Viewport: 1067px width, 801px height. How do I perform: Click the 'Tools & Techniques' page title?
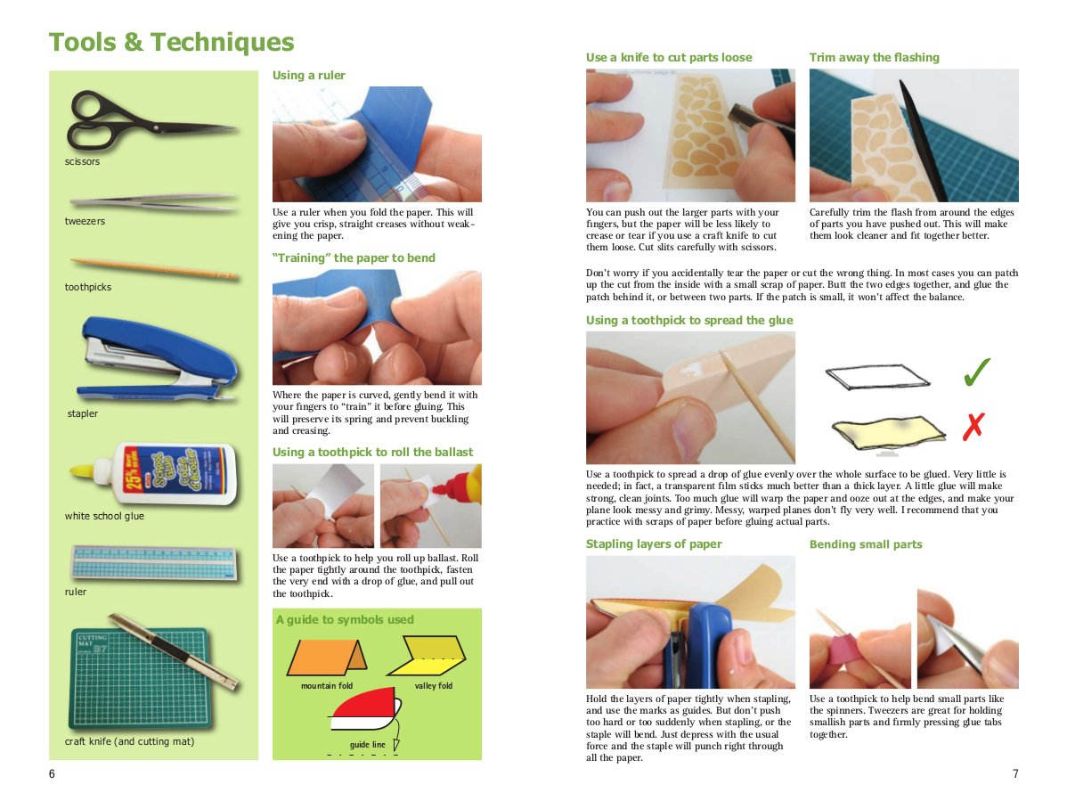[x=171, y=43]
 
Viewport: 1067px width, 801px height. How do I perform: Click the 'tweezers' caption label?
[x=85, y=221]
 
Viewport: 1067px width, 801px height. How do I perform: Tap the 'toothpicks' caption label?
[x=88, y=287]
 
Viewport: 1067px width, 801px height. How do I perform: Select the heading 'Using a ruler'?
[x=308, y=76]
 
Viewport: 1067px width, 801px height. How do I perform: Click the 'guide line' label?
[x=367, y=744]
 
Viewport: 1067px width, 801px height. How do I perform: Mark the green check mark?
[x=977, y=373]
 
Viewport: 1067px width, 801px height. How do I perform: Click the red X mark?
[x=973, y=428]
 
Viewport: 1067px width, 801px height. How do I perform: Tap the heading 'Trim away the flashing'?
[x=874, y=58]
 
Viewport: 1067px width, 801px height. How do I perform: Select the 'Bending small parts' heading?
[x=866, y=544]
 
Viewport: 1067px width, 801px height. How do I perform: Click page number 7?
[x=1014, y=774]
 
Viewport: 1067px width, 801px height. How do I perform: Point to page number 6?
[x=52, y=774]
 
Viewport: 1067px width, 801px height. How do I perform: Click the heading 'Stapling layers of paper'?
[x=654, y=544]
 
